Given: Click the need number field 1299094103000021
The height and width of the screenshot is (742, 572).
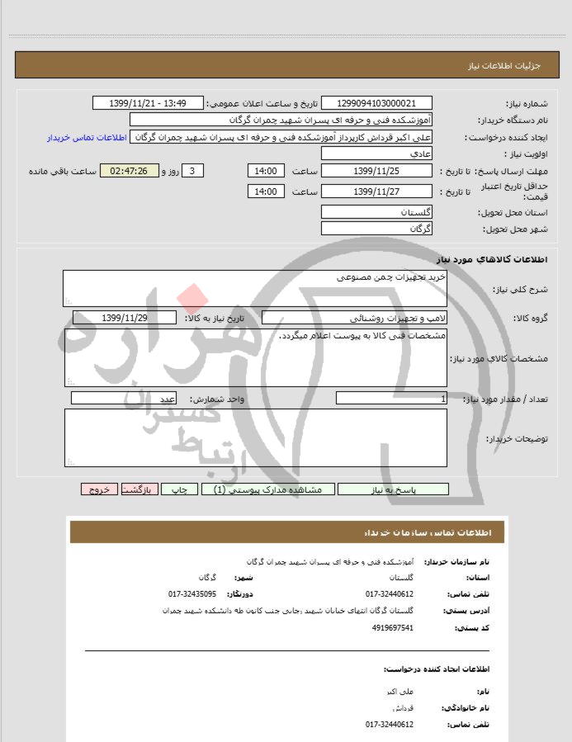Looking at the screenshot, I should pos(376,103).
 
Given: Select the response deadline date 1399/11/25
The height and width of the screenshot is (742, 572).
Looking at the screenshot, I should pos(376,171).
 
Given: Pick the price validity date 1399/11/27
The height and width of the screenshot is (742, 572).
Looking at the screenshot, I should pos(376,191).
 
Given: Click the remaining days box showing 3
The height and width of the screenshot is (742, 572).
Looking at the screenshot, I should pos(191,171).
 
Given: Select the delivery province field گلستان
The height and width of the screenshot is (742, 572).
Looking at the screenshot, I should pos(376,212).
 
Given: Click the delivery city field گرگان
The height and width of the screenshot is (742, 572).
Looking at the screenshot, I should pos(376,228).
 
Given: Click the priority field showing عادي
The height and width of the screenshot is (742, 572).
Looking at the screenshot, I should pos(376,154).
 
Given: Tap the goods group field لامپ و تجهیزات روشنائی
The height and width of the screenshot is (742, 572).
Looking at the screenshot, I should pos(355,318).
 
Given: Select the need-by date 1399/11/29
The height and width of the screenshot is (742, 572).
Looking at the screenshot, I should pos(125,318).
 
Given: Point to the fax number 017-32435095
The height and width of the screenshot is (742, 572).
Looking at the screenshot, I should pos(192,593).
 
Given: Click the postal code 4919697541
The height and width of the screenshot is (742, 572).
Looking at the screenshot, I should pos(393,627).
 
